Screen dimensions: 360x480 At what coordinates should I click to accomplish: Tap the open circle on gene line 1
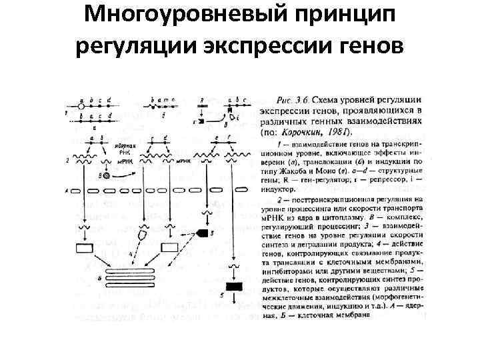(x=81, y=106)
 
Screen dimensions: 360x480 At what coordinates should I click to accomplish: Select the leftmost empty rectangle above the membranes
(x=86, y=249)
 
